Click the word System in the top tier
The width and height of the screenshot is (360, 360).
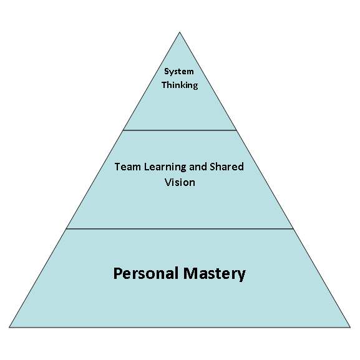(179, 72)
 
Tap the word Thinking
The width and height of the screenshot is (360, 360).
(180, 85)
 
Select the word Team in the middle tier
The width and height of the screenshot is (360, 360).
(127, 167)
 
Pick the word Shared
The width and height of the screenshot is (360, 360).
(226, 167)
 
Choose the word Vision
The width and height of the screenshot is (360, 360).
(180, 182)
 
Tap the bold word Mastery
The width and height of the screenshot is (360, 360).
(215, 274)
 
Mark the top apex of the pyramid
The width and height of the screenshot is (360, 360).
(180, 32)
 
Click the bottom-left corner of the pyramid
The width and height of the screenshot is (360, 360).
(9, 327)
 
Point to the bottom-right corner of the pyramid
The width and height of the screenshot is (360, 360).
(351, 327)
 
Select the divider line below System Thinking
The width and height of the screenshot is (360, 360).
(180, 130)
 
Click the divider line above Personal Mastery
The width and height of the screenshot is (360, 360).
(180, 229)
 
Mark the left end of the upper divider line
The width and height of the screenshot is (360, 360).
(123, 130)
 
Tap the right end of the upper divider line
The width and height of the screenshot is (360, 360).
(236, 130)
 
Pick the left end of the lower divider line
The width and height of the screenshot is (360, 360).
(66, 229)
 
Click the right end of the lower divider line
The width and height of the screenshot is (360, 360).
(293, 229)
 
